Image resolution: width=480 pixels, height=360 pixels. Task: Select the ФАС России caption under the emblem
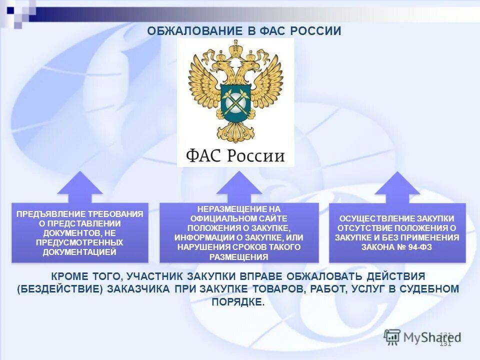click(235, 155)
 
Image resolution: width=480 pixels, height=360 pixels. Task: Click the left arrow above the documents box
click(80, 187)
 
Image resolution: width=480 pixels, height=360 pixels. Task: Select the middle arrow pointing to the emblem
click(239, 187)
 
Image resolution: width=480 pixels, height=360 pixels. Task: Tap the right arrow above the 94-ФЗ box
click(397, 187)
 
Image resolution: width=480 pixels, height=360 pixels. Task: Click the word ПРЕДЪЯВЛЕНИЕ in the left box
click(47, 214)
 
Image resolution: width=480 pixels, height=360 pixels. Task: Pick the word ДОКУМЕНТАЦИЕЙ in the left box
click(79, 252)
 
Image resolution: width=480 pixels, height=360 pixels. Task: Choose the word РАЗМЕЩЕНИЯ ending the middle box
click(239, 257)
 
